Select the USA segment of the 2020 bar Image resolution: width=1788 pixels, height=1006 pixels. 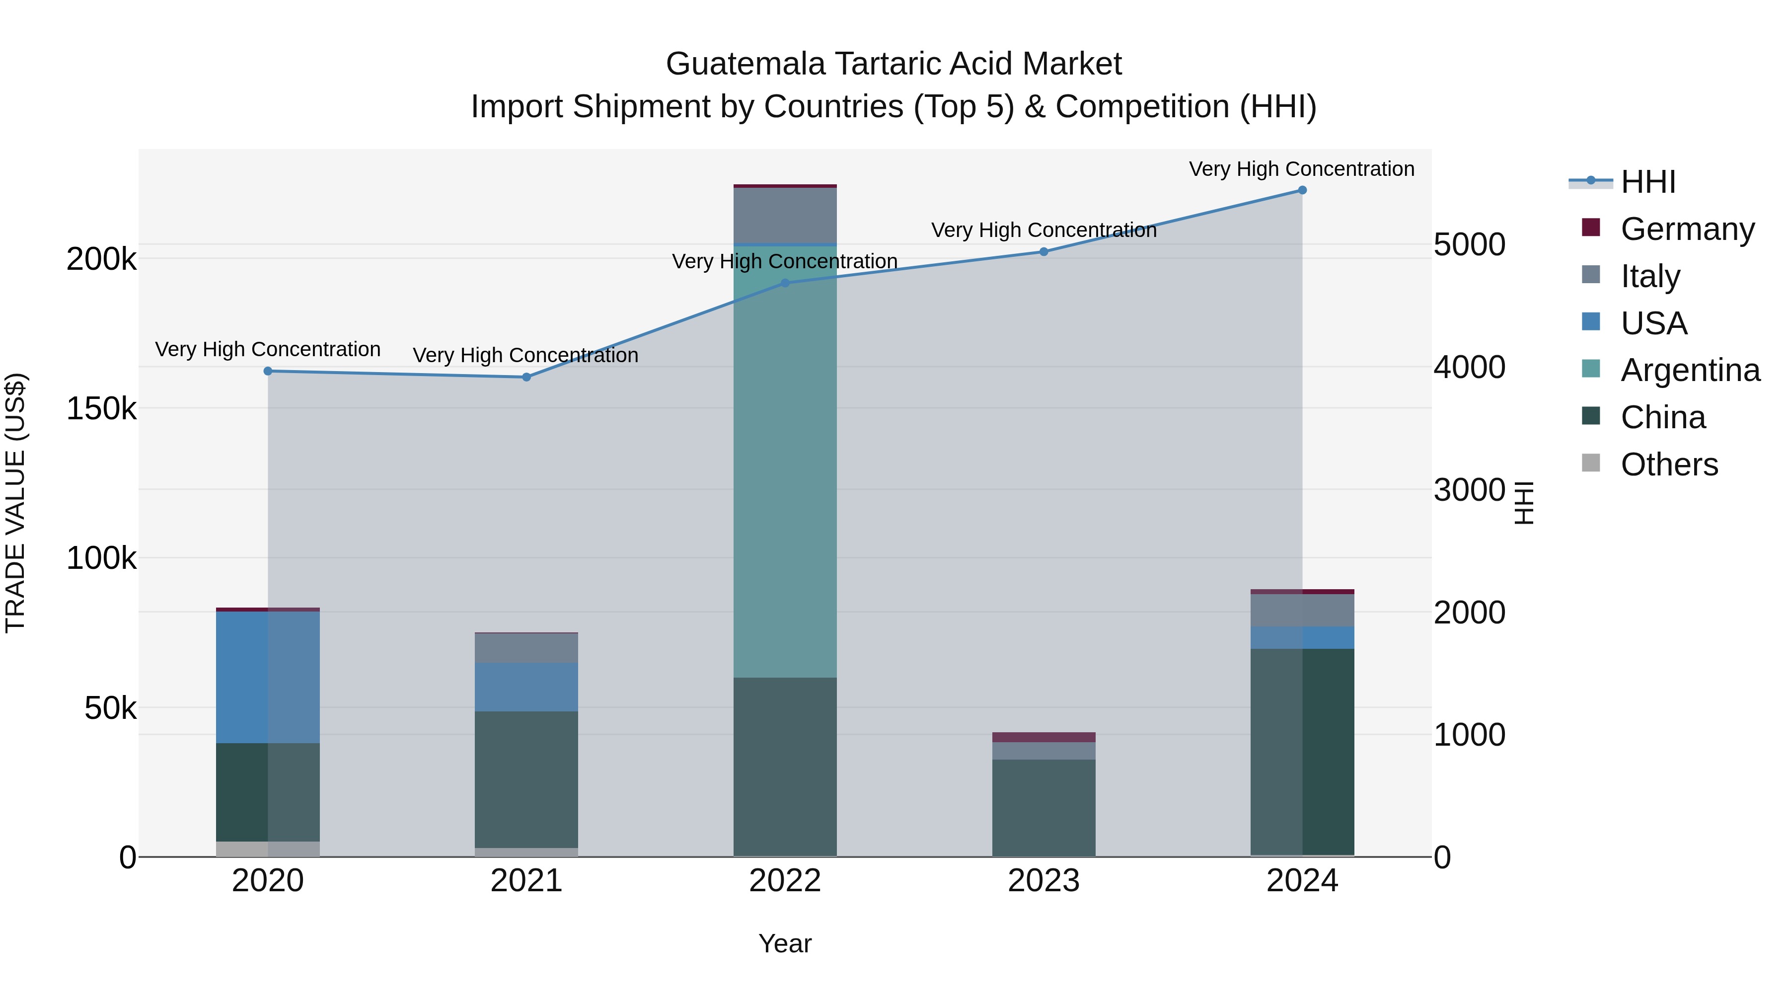pyautogui.click(x=267, y=677)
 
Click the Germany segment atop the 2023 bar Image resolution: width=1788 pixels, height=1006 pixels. pyautogui.click(x=1043, y=737)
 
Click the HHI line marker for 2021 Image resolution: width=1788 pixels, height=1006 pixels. pyautogui.click(x=526, y=377)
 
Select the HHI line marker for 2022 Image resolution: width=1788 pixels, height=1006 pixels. pyautogui.click(x=785, y=283)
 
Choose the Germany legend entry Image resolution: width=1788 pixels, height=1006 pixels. pyautogui.click(x=1687, y=229)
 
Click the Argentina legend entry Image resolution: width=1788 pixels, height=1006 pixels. pyautogui.click(x=1690, y=370)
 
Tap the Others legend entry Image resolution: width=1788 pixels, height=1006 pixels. pyautogui.click(x=1669, y=464)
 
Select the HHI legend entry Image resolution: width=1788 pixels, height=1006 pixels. pyautogui.click(x=1648, y=182)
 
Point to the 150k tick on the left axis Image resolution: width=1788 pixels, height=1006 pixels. pyautogui.click(x=101, y=409)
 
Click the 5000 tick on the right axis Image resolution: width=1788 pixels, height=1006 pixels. pyautogui.click(x=1469, y=244)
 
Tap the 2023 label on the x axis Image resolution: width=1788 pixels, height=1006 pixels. pyautogui.click(x=1043, y=881)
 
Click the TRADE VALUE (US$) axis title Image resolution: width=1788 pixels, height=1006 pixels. pyautogui.click(x=15, y=503)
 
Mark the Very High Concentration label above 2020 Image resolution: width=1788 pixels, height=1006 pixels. pyautogui.click(x=267, y=349)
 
